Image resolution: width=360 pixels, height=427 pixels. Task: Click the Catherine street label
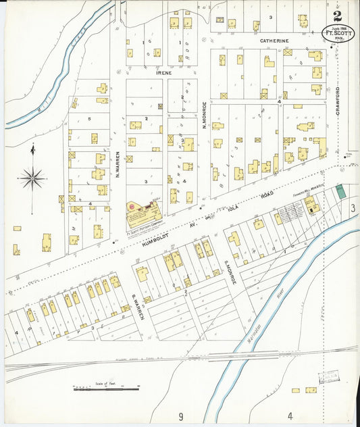(275, 41)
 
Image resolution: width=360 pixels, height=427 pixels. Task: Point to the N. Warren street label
(118, 166)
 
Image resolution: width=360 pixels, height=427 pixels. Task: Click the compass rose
(32, 178)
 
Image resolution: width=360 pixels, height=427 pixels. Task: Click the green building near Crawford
(342, 191)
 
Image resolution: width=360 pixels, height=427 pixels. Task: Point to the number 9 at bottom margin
(181, 416)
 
